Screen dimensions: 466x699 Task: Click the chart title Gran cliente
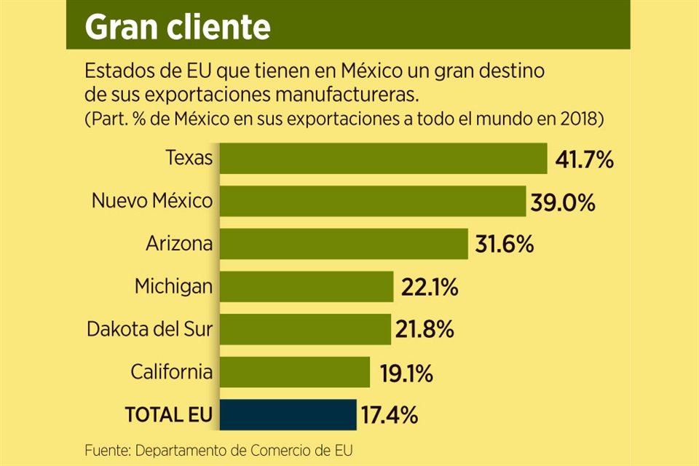[x=178, y=27]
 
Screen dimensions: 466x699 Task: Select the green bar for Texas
[x=383, y=159]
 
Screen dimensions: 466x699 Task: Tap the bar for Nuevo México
[x=372, y=201]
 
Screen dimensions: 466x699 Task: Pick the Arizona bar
[x=344, y=243]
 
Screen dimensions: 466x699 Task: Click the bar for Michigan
[x=307, y=286]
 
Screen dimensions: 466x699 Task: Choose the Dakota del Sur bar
[x=305, y=329]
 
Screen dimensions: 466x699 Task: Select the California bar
[x=295, y=372]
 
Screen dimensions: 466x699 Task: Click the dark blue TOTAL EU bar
[x=288, y=415]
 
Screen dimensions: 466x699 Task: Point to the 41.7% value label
[x=584, y=159]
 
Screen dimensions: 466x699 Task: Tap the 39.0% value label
[x=562, y=202]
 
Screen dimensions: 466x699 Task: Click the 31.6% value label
[x=505, y=244]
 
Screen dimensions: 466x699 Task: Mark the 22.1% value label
[x=429, y=287]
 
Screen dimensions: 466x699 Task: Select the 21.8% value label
[x=425, y=330]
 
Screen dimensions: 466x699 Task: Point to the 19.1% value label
[x=406, y=373]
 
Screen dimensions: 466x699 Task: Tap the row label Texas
[x=189, y=158]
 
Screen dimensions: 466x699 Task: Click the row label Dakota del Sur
[x=149, y=329]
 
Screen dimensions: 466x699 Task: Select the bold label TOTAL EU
[x=169, y=416]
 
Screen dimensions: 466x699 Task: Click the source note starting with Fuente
[x=223, y=448]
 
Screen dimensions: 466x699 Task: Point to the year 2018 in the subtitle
[x=580, y=117]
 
